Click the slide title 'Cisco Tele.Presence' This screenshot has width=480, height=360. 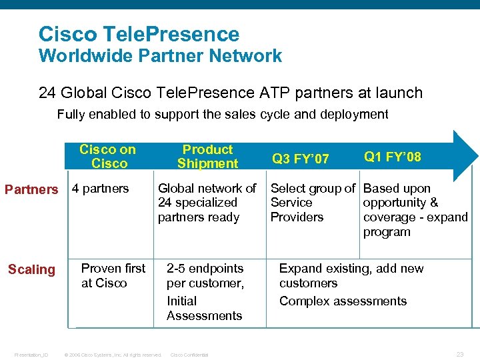[x=139, y=34]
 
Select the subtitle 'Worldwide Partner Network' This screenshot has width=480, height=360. [x=160, y=56]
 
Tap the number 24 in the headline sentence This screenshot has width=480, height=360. [x=49, y=93]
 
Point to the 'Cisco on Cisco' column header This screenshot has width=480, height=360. [x=107, y=157]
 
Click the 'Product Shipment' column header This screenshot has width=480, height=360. [x=207, y=157]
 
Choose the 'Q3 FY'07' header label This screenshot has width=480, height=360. [x=300, y=159]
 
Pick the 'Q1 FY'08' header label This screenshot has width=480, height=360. [x=392, y=157]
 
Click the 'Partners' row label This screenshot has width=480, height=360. [x=31, y=189]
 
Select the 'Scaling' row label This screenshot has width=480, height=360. [x=31, y=269]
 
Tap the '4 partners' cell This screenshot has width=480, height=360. [x=100, y=189]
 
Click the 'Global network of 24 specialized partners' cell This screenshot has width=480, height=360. [x=207, y=203]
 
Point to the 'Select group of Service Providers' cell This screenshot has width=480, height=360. [x=313, y=203]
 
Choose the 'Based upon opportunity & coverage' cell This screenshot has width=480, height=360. [x=415, y=210]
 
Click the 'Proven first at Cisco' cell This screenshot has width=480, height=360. [x=113, y=275]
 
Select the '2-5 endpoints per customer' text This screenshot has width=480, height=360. [x=205, y=275]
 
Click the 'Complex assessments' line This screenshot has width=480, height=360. [x=343, y=301]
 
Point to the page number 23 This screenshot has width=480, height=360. [x=459, y=354]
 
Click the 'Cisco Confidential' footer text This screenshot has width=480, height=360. [x=189, y=355]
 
